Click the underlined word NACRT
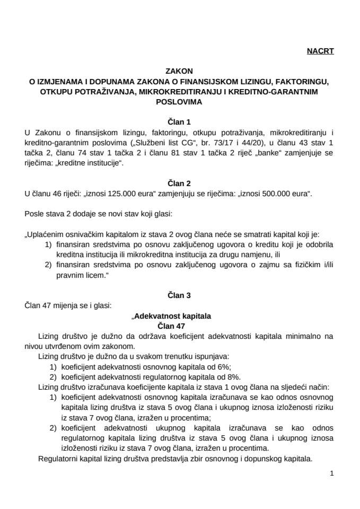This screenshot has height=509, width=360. coord(320,51)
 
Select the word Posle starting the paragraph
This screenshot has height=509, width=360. coord(33,213)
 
